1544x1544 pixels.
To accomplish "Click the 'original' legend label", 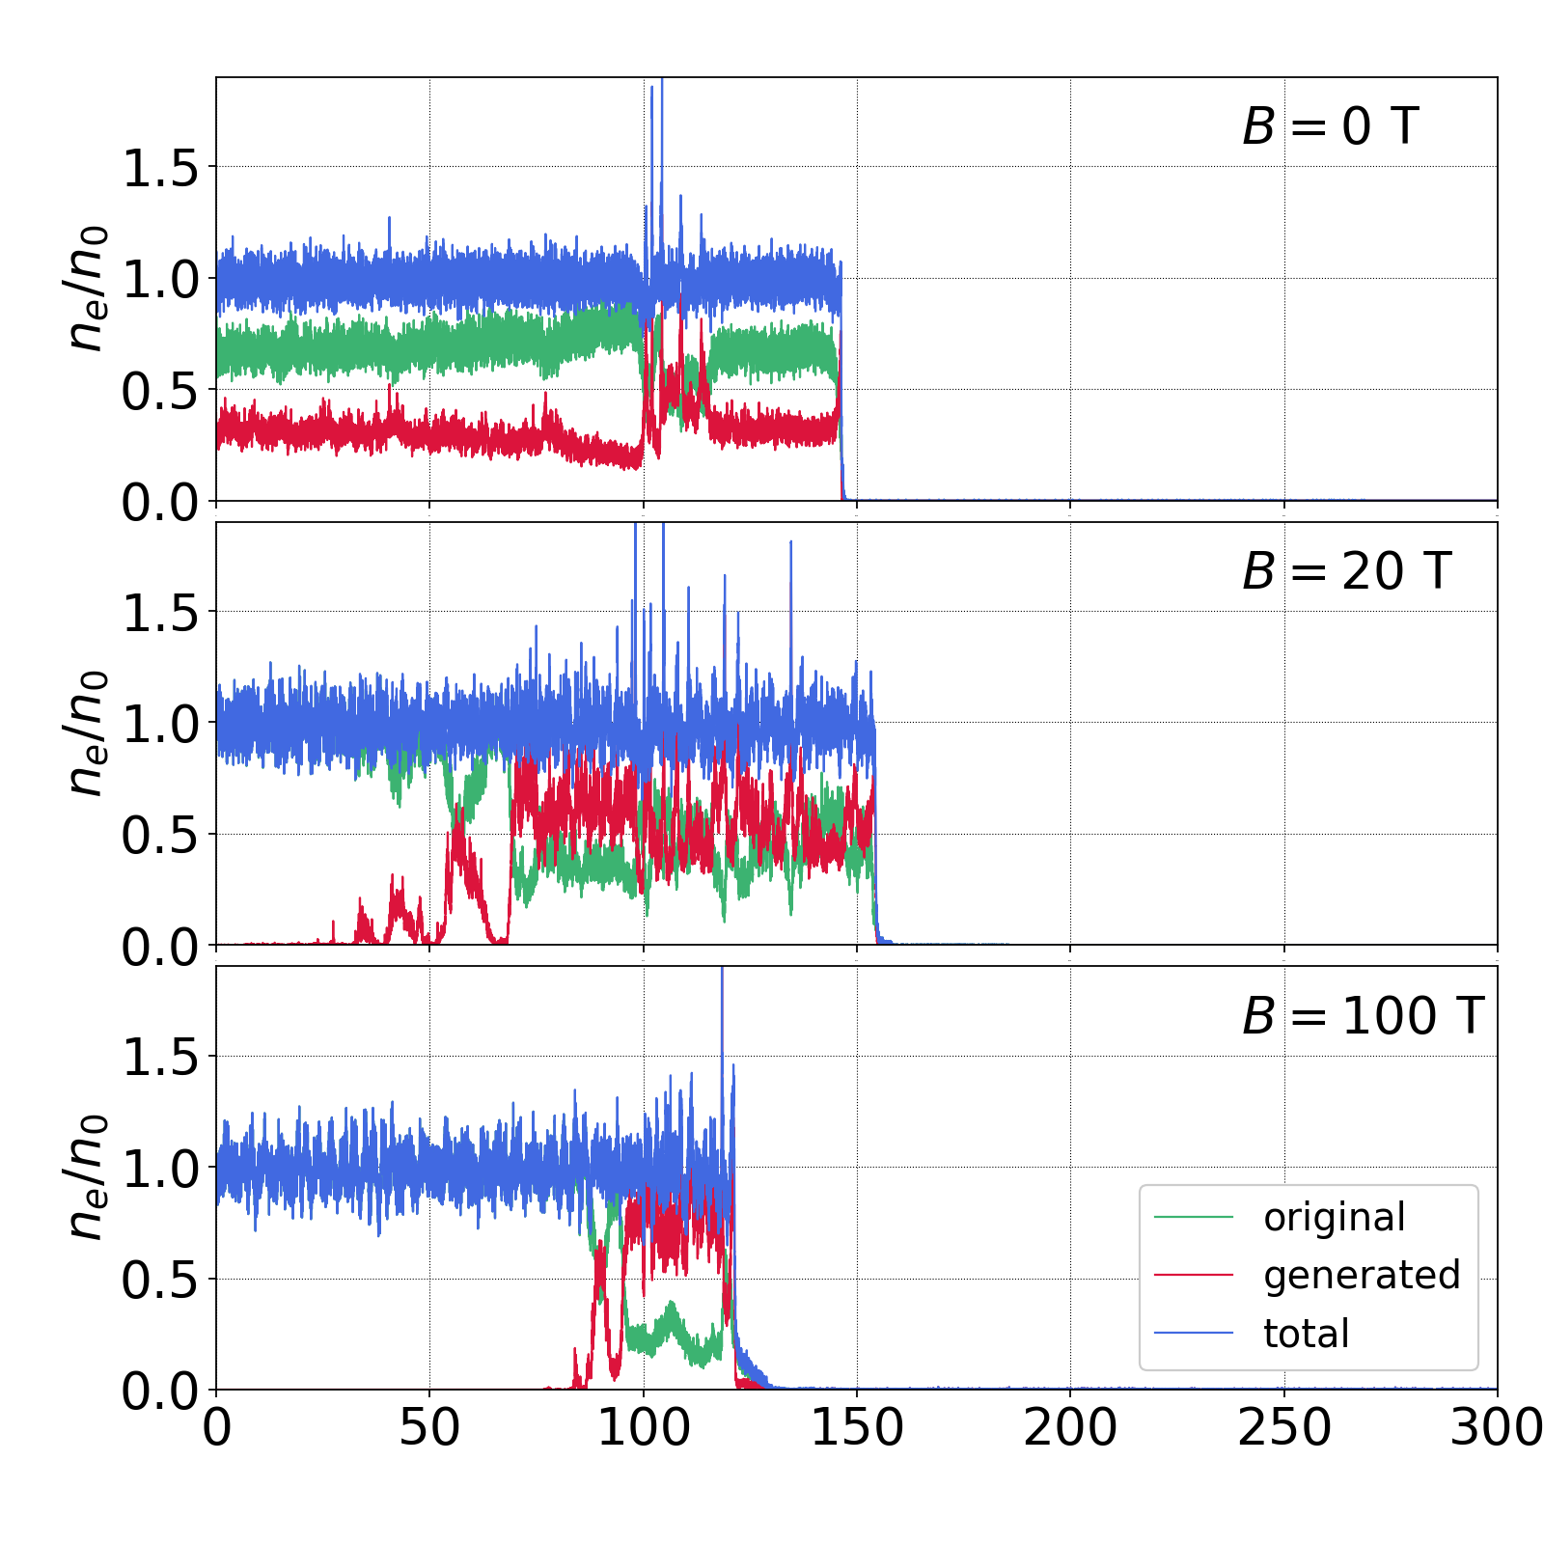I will (x=1335, y=1218).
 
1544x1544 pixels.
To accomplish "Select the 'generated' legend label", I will (x=1362, y=1276).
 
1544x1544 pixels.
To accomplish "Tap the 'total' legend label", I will (x=1306, y=1334).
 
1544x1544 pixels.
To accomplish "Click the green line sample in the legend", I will (x=1194, y=1218).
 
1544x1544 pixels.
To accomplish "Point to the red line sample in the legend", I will (x=1194, y=1276).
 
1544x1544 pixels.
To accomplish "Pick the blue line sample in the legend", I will (x=1194, y=1334).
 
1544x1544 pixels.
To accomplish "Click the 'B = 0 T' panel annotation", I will (x=1330, y=126).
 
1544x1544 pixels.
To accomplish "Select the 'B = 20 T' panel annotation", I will (x=1346, y=571).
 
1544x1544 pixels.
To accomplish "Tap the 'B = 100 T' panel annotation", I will (x=1363, y=1016).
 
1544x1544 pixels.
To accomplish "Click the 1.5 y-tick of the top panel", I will (x=159, y=169).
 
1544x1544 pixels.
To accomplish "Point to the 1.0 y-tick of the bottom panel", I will (x=159, y=1170).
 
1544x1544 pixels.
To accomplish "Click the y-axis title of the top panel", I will (x=87, y=288).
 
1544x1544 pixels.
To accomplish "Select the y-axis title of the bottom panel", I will (x=87, y=1177).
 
